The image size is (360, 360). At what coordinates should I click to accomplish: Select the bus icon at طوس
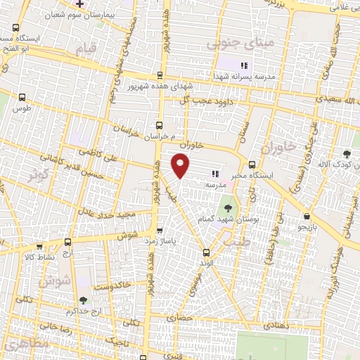[23, 98]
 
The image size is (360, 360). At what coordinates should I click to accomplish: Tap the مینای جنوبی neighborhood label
[229, 44]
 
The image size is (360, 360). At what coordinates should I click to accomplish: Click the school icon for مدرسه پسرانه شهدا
[244, 65]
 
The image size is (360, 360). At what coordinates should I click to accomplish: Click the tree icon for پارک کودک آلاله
[346, 154]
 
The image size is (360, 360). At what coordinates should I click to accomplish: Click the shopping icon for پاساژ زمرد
[160, 230]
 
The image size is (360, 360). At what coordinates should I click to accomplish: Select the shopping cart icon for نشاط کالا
[39, 247]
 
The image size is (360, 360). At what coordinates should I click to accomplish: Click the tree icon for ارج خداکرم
[83, 300]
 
